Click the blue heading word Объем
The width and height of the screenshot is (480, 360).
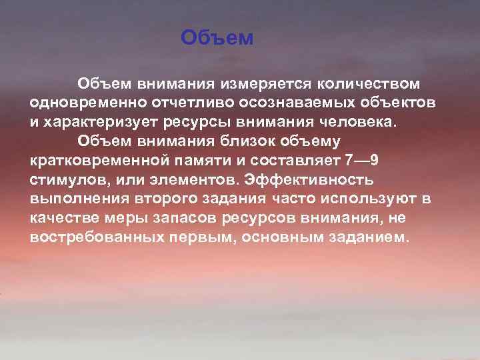217,38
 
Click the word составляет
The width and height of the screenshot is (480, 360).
290,161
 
